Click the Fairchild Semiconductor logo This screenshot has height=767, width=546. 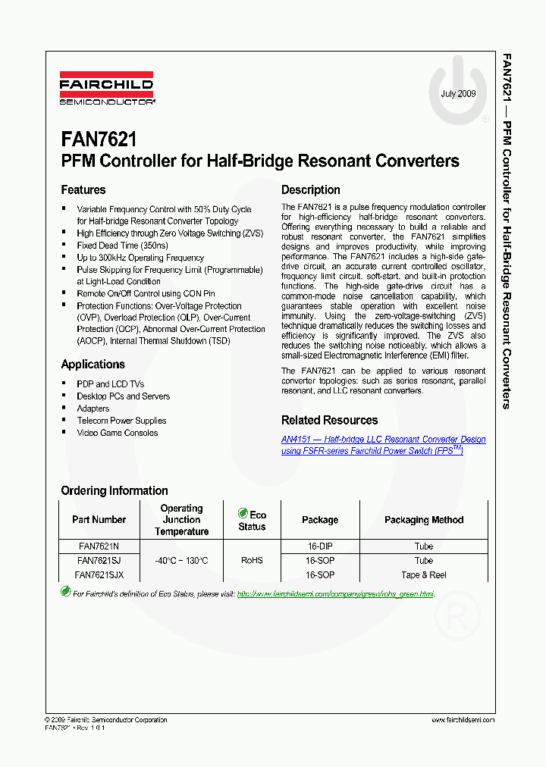tap(107, 88)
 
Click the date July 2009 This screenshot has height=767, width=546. tap(458, 94)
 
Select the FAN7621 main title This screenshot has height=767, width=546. tap(99, 139)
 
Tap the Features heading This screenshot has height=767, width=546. tap(83, 190)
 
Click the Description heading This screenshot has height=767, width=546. tap(311, 190)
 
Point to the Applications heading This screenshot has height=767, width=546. tap(93, 365)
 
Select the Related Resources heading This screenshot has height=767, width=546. tap(329, 421)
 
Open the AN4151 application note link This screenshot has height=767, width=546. tap(383, 445)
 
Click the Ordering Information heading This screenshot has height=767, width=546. tap(115, 490)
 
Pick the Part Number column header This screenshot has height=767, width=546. tap(99, 520)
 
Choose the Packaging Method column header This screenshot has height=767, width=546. tap(424, 520)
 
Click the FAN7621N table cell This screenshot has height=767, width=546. tap(99, 546)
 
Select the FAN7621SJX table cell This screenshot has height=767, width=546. tap(99, 575)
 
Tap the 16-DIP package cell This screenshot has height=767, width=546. tap(320, 546)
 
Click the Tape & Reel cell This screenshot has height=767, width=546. tap(424, 575)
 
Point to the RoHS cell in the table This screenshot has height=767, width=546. tap(252, 561)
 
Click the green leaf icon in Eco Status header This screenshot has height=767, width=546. tap(243, 513)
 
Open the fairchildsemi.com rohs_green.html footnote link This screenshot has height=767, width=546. tap(335, 594)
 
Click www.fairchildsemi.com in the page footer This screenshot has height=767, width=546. tap(463, 720)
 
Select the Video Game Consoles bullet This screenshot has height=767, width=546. tap(118, 433)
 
